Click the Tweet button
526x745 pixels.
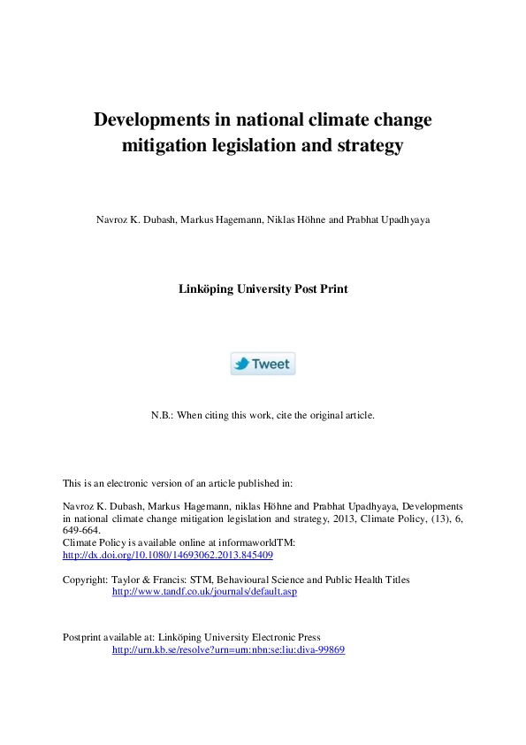(263, 364)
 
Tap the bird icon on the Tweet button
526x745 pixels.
(241, 364)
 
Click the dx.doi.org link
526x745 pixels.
(168, 555)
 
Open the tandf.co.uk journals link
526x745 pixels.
(204, 591)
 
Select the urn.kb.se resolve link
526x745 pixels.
(228, 649)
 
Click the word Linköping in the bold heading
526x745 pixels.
(209, 288)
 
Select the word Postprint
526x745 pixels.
(83, 637)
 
